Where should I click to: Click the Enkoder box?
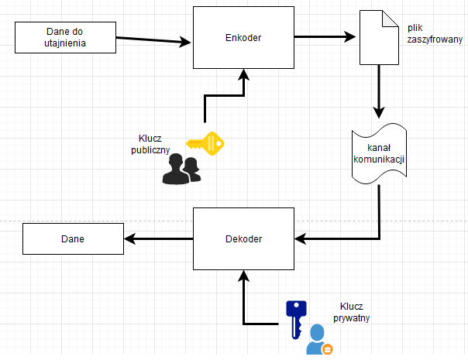click(243, 37)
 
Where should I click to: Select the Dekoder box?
click(243, 238)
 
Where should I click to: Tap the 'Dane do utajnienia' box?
click(65, 37)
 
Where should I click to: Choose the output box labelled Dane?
click(72, 238)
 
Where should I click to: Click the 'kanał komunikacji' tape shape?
click(380, 154)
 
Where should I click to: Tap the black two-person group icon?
click(181, 169)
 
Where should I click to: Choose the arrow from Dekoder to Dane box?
click(158, 238)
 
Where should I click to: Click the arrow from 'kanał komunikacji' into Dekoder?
click(364, 238)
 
